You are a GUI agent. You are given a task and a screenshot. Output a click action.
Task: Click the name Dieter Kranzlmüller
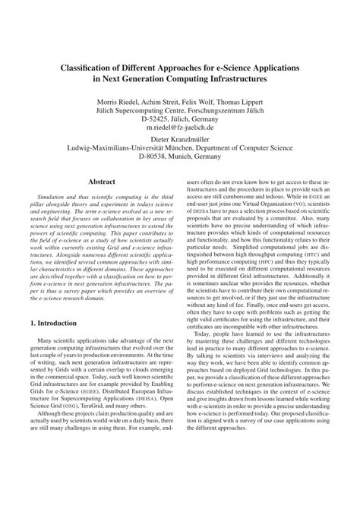(181, 141)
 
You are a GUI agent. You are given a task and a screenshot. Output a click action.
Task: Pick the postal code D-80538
(154, 160)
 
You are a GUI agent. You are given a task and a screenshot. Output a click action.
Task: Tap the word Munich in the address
(190, 160)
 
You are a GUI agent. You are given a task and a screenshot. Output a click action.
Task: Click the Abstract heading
(102, 182)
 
